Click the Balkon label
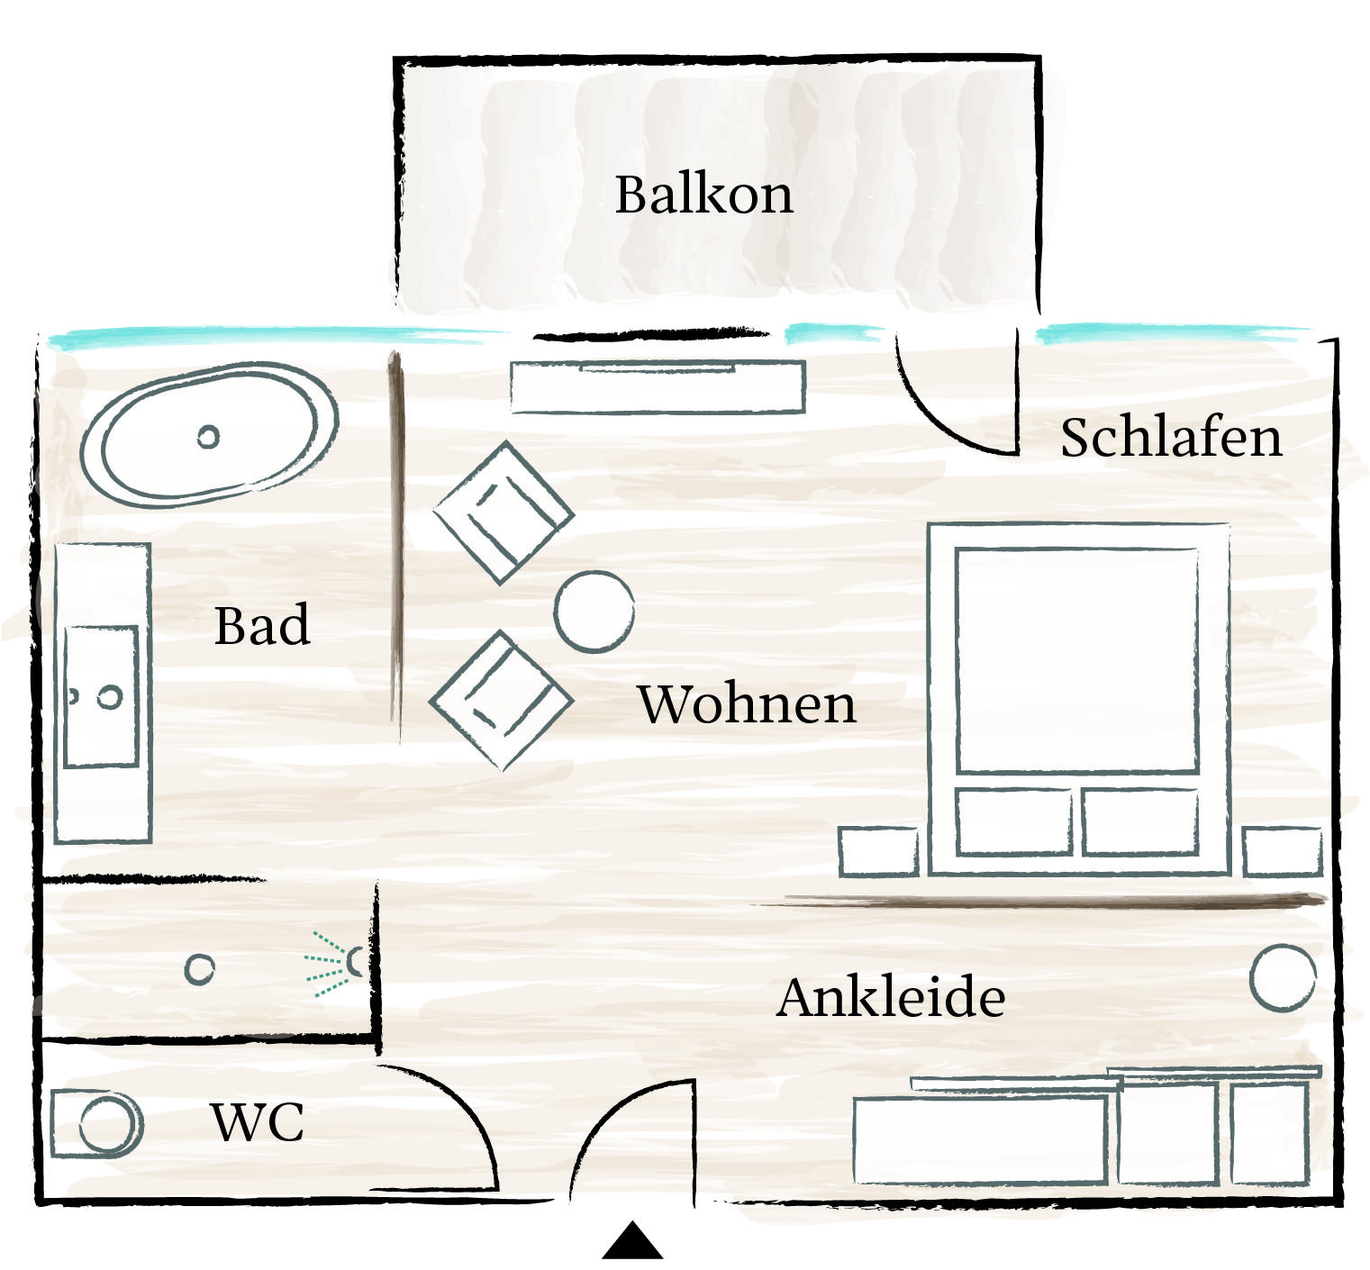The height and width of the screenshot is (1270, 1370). [x=703, y=194]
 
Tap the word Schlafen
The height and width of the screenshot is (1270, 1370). [x=1170, y=438]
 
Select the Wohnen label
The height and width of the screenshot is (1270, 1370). [x=747, y=703]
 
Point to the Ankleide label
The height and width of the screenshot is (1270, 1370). [x=890, y=997]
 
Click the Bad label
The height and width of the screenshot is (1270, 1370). [x=262, y=625]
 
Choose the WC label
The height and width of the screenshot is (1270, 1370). [x=258, y=1122]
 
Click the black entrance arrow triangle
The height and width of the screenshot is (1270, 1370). [x=632, y=1241]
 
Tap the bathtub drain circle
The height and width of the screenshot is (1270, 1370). [x=208, y=437]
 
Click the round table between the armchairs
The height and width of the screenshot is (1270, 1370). [x=594, y=612]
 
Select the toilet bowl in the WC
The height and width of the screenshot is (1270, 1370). [x=109, y=1124]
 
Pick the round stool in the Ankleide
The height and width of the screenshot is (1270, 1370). [x=1283, y=977]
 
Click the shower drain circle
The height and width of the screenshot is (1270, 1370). [x=199, y=969]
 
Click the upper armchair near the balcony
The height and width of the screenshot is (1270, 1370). [x=504, y=512]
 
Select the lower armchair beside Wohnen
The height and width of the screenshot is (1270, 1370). [x=501, y=700]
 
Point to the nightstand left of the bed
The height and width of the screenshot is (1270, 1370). [x=878, y=851]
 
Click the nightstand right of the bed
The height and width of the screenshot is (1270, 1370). [x=1283, y=852]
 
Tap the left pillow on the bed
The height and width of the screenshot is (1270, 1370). [x=1014, y=821]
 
